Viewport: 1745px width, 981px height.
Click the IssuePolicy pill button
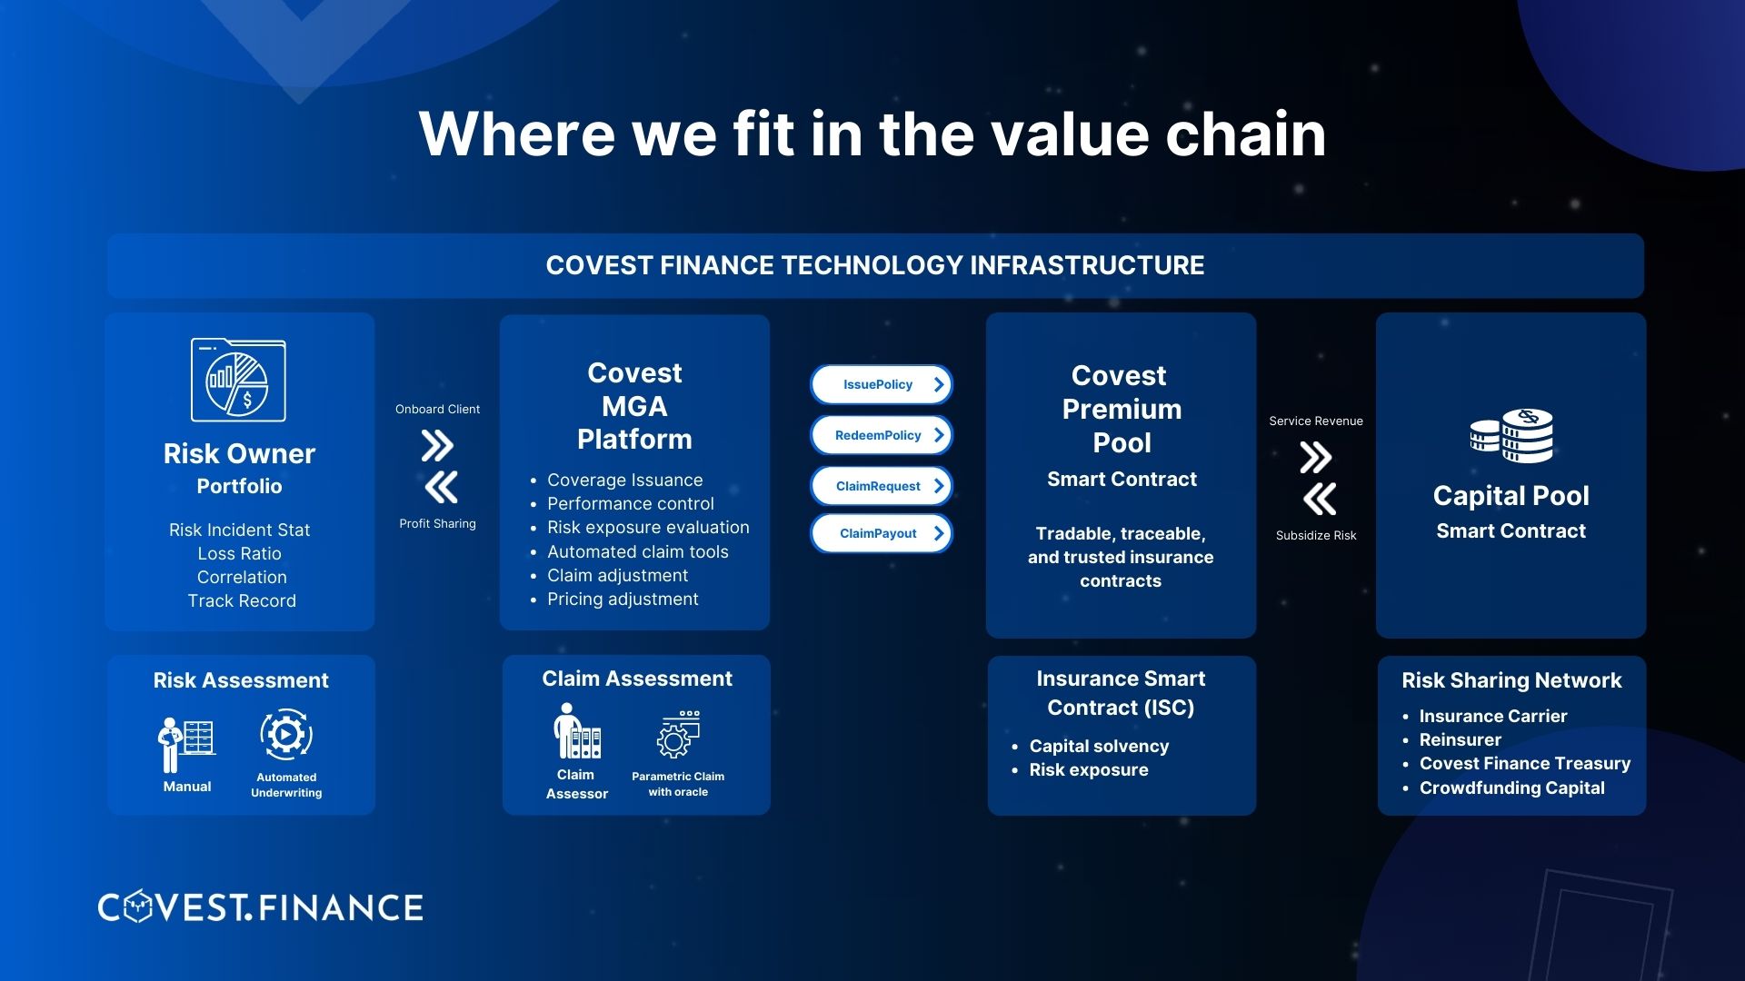click(x=881, y=384)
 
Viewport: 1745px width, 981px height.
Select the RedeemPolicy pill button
click(x=881, y=435)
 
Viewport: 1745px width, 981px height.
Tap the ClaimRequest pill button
click(x=881, y=486)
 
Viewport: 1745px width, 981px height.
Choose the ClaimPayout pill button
click(x=881, y=533)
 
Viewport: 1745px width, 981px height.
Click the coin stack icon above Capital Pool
click(x=1511, y=436)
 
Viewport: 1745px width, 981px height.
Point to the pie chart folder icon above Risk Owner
click(x=238, y=381)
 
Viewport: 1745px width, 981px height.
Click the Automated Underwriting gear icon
click(x=286, y=735)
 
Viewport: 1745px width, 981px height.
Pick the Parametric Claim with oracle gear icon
click(x=677, y=735)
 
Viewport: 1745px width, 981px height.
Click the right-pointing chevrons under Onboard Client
click(x=437, y=446)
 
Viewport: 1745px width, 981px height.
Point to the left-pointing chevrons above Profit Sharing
click(x=441, y=488)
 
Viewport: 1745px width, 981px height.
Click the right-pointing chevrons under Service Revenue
click(x=1315, y=458)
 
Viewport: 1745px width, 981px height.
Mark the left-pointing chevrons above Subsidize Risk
click(x=1320, y=499)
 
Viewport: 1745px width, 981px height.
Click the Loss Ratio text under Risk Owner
click(x=240, y=553)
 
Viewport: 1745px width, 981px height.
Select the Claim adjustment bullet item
click(x=617, y=575)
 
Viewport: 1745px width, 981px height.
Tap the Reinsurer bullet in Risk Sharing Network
click(x=1460, y=739)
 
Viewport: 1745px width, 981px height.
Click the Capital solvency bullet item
click(x=1099, y=746)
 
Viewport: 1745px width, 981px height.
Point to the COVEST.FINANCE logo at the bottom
click(x=261, y=907)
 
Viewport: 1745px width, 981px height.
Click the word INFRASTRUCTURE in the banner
click(x=1087, y=265)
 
